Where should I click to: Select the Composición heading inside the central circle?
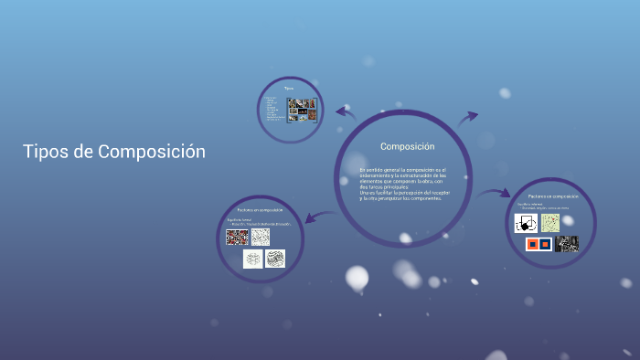[x=407, y=146]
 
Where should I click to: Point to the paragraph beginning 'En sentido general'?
[x=402, y=184]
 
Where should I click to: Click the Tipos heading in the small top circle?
[x=288, y=88]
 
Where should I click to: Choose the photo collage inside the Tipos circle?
[x=302, y=110]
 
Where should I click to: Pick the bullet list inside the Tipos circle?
[x=272, y=109]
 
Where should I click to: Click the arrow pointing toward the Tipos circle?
[x=345, y=112]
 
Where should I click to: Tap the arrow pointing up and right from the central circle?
[x=467, y=117]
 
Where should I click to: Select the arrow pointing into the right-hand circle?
[x=495, y=193]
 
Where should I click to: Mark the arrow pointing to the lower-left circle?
[x=313, y=217]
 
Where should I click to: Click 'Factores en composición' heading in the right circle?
[x=553, y=196]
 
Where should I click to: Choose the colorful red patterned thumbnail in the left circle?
[x=237, y=237]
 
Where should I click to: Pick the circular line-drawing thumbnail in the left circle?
[x=253, y=259]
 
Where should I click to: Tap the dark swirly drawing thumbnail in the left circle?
[x=275, y=259]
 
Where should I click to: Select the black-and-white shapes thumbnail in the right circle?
[x=526, y=223]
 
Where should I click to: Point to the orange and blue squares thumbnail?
[x=539, y=244]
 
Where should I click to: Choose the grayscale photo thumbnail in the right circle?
[x=567, y=244]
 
